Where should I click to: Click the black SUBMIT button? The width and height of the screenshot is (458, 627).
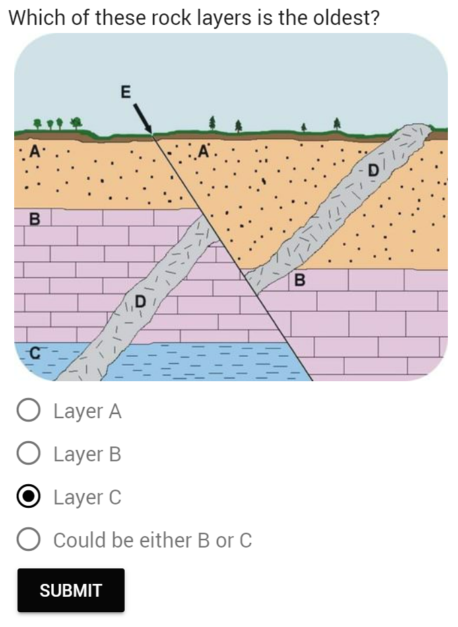tap(71, 590)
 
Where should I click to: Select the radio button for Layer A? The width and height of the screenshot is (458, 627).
tap(28, 411)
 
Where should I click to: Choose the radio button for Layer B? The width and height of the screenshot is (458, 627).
tap(28, 454)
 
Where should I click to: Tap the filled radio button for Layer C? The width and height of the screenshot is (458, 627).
tap(28, 497)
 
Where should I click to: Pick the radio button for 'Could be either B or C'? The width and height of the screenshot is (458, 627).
tap(28, 540)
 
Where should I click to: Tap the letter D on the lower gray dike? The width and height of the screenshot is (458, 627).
tap(141, 300)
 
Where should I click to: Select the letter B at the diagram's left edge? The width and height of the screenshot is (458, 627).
tap(34, 219)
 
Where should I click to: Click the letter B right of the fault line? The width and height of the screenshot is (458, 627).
tap(300, 278)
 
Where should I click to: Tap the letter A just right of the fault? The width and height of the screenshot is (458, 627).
tap(204, 150)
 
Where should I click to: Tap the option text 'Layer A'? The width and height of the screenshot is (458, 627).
tap(88, 411)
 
